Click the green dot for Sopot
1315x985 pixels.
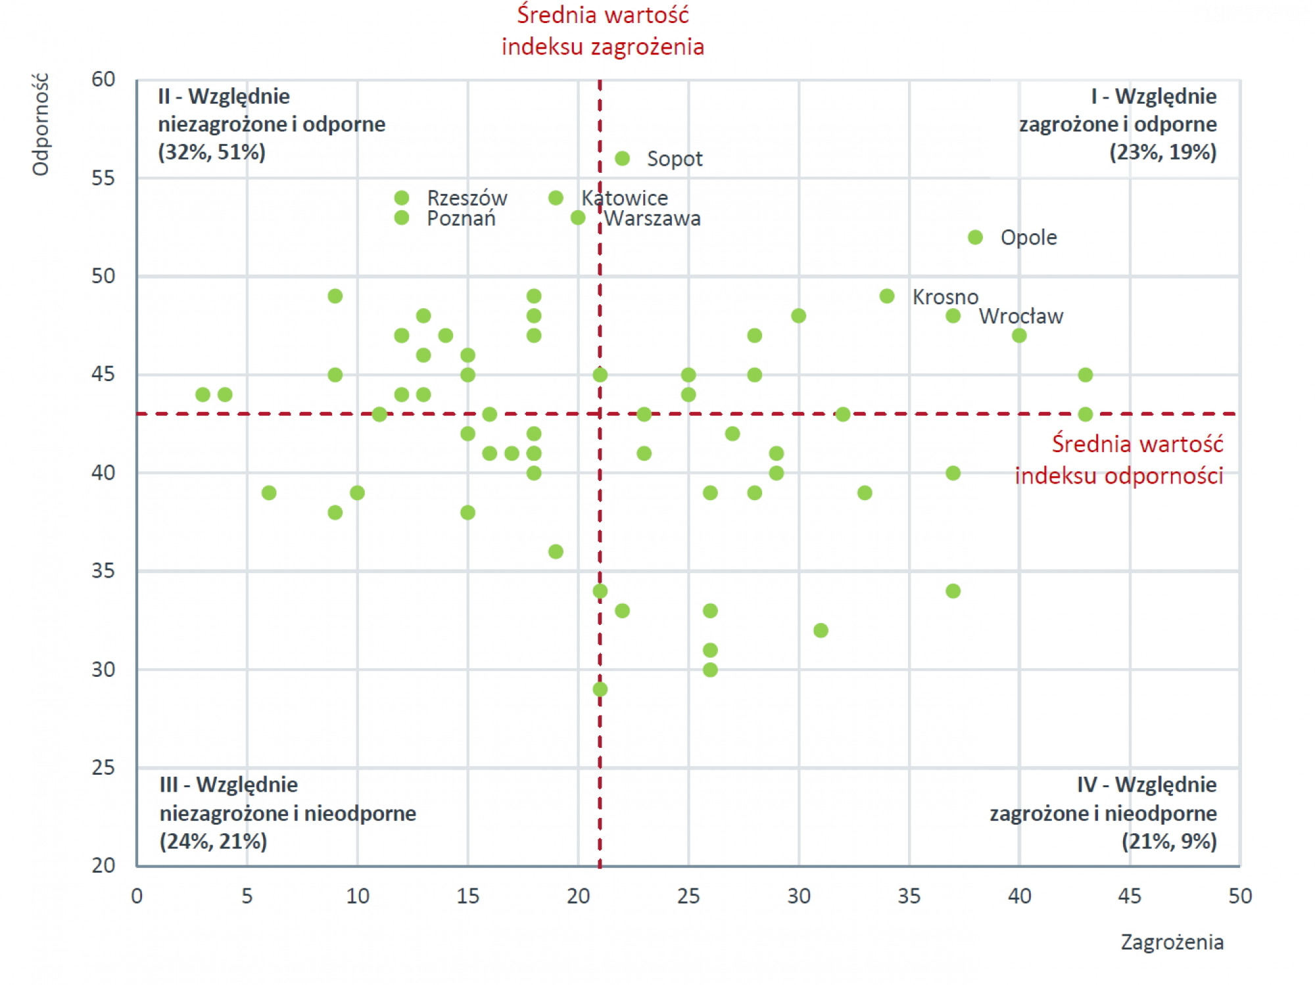click(622, 158)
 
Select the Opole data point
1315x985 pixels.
click(975, 237)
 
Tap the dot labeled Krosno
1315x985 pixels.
click(887, 296)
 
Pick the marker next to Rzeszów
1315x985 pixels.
click(402, 198)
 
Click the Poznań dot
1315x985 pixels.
click(402, 218)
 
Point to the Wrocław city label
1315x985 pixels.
click(1020, 317)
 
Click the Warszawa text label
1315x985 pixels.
click(652, 219)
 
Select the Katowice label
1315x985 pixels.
click(625, 198)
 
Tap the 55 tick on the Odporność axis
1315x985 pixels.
click(103, 178)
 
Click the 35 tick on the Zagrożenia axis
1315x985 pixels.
click(909, 896)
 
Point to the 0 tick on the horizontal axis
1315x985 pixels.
click(137, 896)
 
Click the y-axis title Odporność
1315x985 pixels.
click(41, 125)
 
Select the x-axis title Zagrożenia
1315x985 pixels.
click(1172, 942)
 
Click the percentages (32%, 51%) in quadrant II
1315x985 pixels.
click(212, 152)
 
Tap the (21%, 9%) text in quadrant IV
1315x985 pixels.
click(1169, 842)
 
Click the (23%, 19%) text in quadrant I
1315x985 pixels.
click(1162, 152)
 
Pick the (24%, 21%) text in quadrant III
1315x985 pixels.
click(214, 842)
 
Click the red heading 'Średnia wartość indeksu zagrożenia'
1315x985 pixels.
click(602, 31)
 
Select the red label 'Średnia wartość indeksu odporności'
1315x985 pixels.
click(1119, 459)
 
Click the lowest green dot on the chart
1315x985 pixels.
click(600, 689)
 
